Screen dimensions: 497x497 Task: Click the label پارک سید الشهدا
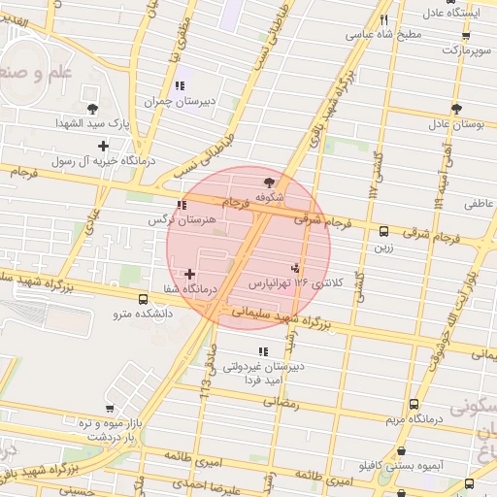[92, 124]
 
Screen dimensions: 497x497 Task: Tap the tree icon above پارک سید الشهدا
[92, 109]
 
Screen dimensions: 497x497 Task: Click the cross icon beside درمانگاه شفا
[189, 275]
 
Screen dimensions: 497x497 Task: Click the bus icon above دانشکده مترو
[144, 299]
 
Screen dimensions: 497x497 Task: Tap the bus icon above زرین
[383, 232]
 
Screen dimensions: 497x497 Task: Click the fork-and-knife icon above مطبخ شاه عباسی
[383, 19]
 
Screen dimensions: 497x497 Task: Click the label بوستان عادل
[456, 124]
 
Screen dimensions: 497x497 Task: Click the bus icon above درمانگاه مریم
[414, 404]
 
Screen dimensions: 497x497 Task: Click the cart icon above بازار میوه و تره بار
[110, 409]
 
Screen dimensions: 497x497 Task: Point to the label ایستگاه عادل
[456, 14]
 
